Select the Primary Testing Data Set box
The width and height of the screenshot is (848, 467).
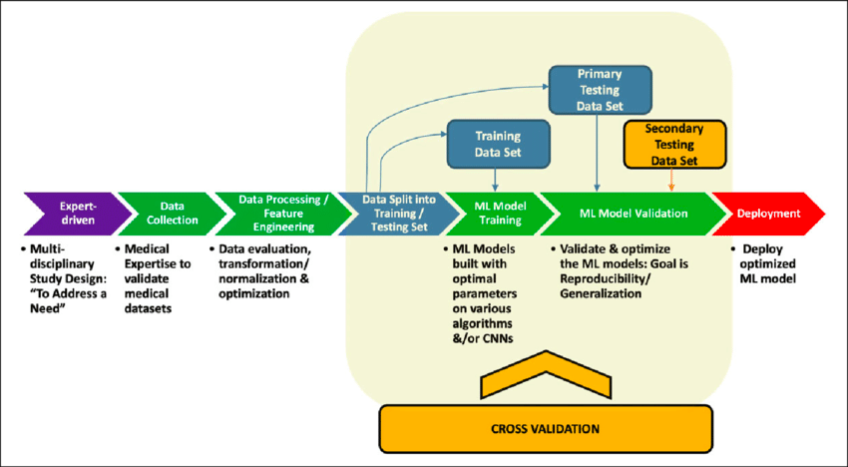tap(601, 89)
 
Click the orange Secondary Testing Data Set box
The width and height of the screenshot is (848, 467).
tap(673, 145)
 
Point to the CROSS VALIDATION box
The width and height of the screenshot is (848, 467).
tap(545, 429)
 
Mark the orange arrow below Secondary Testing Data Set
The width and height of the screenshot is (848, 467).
tap(672, 179)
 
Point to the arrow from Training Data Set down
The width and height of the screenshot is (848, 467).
tap(497, 177)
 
